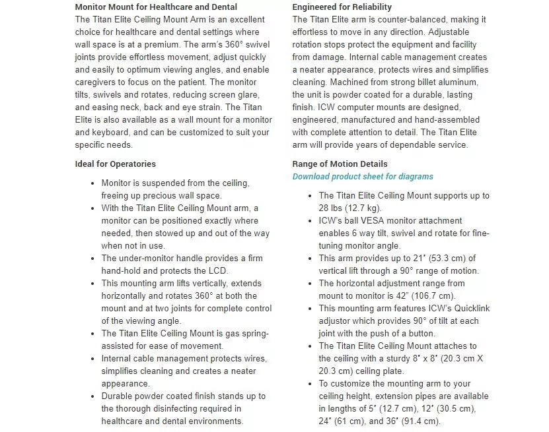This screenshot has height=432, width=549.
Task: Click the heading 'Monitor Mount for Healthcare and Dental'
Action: tap(156, 7)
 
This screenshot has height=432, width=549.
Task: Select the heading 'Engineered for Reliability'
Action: tap(342, 7)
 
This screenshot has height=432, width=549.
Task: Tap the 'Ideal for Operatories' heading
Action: tap(116, 164)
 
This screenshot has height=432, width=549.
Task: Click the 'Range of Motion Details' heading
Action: tap(340, 164)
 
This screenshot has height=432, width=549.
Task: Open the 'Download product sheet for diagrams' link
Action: tap(363, 177)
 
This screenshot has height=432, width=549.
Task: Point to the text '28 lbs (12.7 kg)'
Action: tap(350, 208)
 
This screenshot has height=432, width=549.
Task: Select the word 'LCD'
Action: tap(219, 271)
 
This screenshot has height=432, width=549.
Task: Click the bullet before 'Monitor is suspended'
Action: tap(92, 183)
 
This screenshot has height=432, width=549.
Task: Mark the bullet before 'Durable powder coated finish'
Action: tap(92, 396)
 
